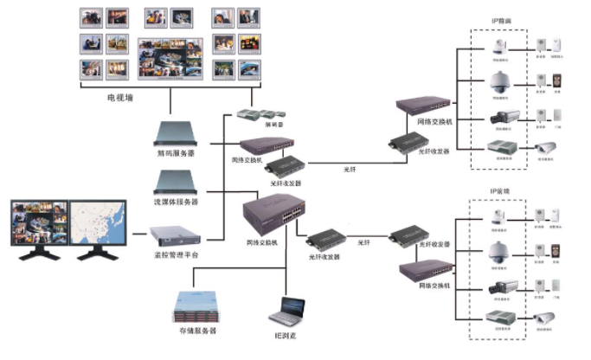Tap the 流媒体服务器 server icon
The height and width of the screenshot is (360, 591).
tap(175, 183)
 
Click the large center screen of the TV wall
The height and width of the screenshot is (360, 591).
tap(169, 57)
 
